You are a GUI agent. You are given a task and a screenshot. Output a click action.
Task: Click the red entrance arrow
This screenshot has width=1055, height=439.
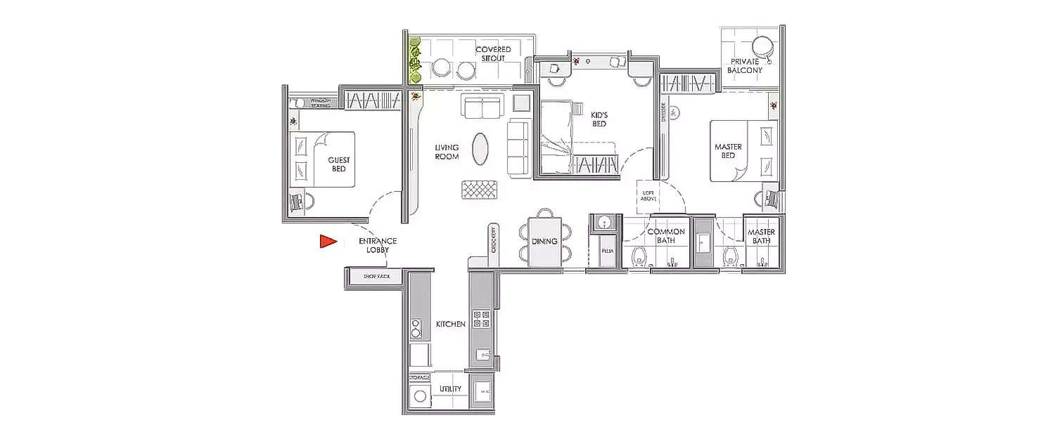tap(326, 242)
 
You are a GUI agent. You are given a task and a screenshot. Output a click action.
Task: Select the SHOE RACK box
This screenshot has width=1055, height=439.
tap(373, 277)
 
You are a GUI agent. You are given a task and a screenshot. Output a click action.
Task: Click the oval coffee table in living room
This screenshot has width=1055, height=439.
tap(480, 149)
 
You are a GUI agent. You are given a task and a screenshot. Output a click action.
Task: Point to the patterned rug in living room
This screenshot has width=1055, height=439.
tap(480, 190)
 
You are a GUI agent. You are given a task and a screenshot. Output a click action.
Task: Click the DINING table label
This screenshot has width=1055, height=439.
tap(544, 241)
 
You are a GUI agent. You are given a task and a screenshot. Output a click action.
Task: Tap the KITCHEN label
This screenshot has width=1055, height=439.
tap(450, 325)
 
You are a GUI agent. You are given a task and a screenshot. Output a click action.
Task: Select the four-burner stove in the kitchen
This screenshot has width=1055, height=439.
tap(481, 319)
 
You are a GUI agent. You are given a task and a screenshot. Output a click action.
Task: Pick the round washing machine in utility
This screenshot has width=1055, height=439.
tap(420, 395)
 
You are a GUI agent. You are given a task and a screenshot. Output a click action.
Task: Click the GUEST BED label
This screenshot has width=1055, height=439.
tap(339, 164)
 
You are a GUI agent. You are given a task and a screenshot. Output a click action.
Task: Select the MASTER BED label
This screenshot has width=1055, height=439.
tap(728, 151)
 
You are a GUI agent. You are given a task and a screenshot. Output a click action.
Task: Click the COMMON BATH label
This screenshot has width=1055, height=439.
tap(665, 236)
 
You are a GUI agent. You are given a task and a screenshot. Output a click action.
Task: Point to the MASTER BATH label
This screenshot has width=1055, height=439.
tap(760, 236)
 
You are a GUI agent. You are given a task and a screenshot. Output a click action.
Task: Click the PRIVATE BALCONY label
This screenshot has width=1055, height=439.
tap(745, 66)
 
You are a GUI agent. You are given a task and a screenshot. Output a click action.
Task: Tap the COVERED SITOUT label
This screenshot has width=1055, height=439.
tap(493, 54)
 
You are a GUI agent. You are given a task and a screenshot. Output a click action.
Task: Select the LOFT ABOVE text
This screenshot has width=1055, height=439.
tap(646, 194)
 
